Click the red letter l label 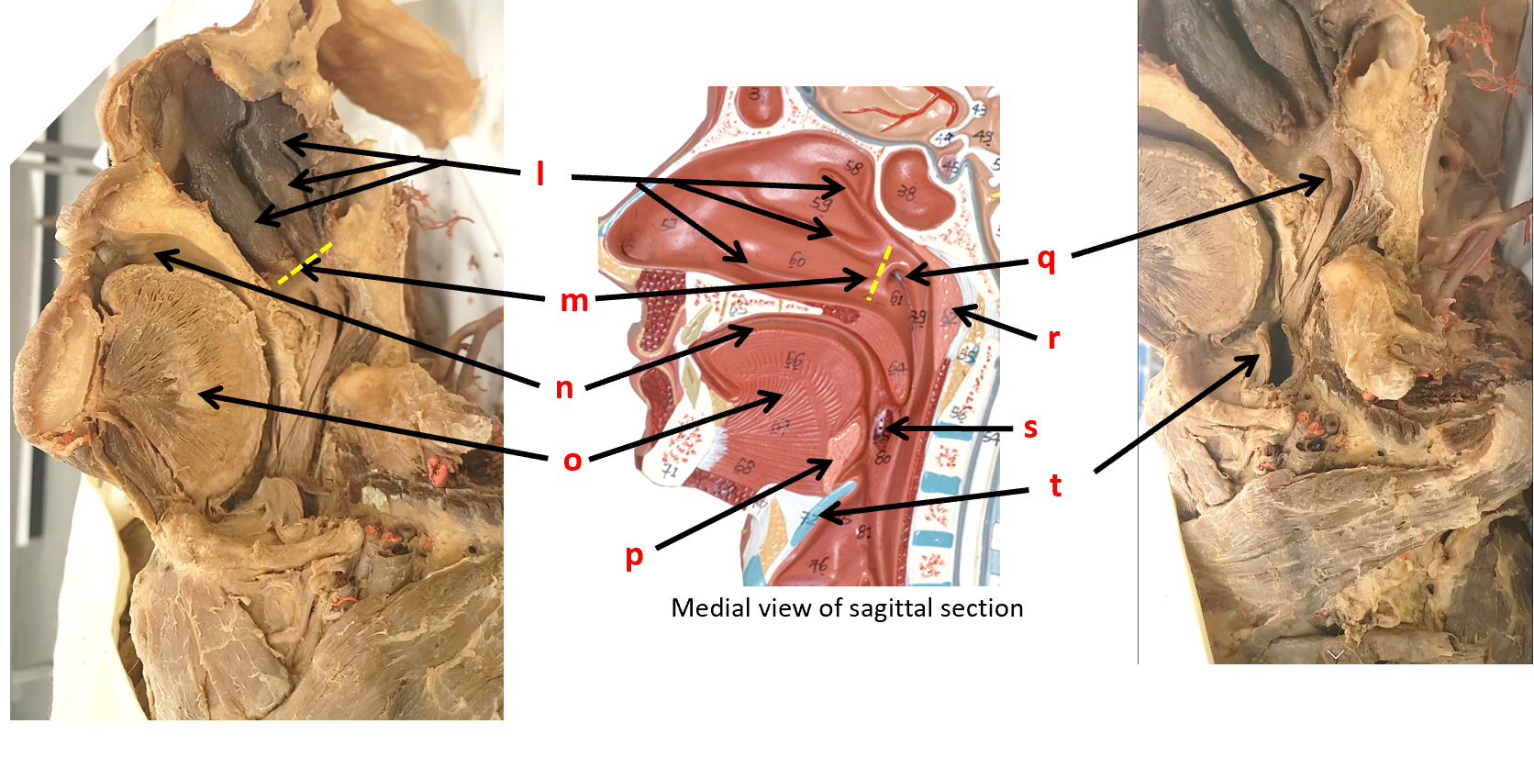point(540,173)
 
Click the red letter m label point(574,300)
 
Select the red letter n point(564,388)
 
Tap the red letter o point(572,460)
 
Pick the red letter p point(634,556)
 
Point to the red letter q point(1046,259)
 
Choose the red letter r point(1053,339)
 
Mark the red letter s point(1030,428)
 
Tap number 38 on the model point(906,192)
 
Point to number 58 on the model point(853,167)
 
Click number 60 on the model point(796,261)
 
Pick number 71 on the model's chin point(670,471)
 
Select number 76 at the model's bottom point(817,565)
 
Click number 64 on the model point(896,369)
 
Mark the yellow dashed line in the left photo point(306,262)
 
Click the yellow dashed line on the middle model point(879,273)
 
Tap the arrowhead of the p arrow point(827,465)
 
